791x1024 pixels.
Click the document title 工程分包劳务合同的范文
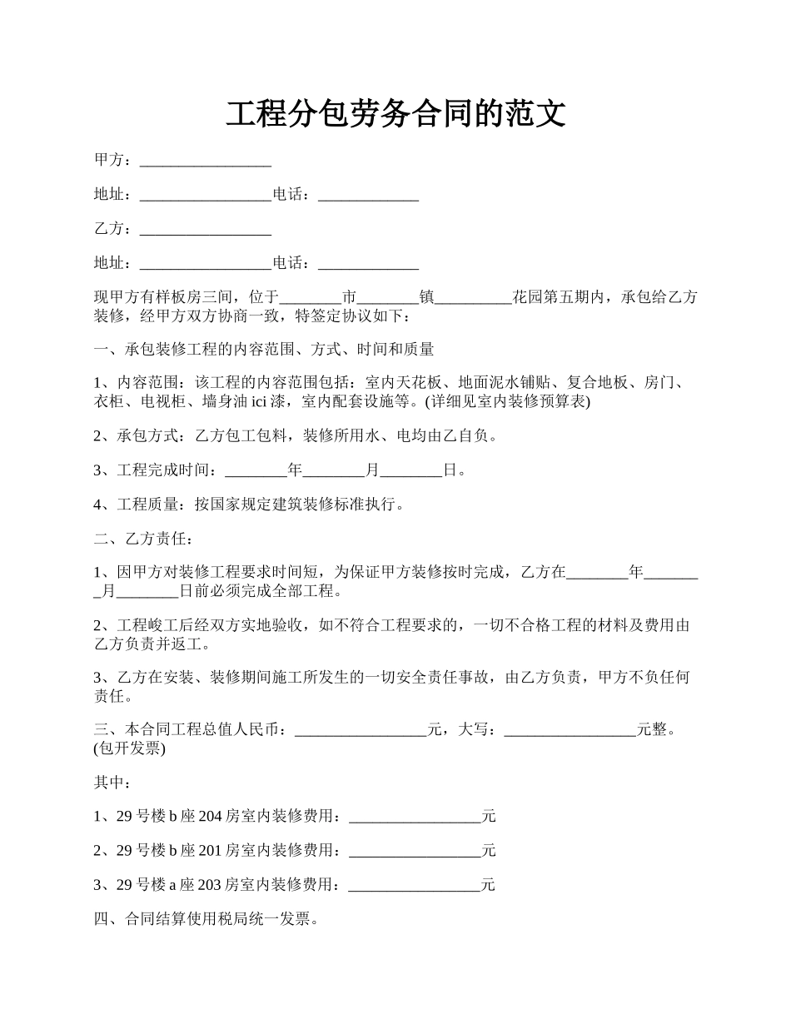point(395,114)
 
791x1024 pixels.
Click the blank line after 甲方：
point(206,161)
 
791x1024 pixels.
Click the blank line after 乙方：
point(206,229)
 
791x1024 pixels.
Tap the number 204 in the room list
point(211,817)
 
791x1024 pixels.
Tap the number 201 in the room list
point(211,851)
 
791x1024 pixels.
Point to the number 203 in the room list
point(210,885)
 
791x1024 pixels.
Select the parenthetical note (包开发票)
point(130,748)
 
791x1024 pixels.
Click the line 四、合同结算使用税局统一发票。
point(206,919)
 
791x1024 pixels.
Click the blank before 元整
point(570,730)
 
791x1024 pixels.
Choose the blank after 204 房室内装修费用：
point(415,817)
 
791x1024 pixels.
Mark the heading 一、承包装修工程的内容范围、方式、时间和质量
point(264,350)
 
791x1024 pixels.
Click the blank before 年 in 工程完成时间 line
point(256,470)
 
